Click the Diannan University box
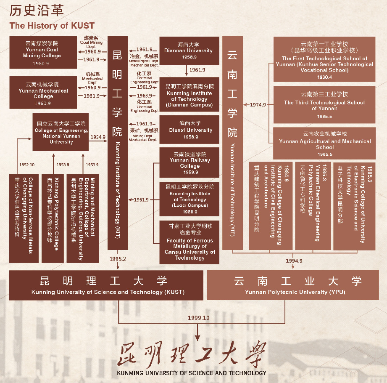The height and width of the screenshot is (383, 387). [x=189, y=51]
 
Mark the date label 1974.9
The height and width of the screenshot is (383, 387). [x=258, y=105]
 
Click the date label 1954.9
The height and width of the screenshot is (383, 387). [x=97, y=137]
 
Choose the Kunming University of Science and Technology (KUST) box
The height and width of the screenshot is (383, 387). [x=108, y=285]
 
